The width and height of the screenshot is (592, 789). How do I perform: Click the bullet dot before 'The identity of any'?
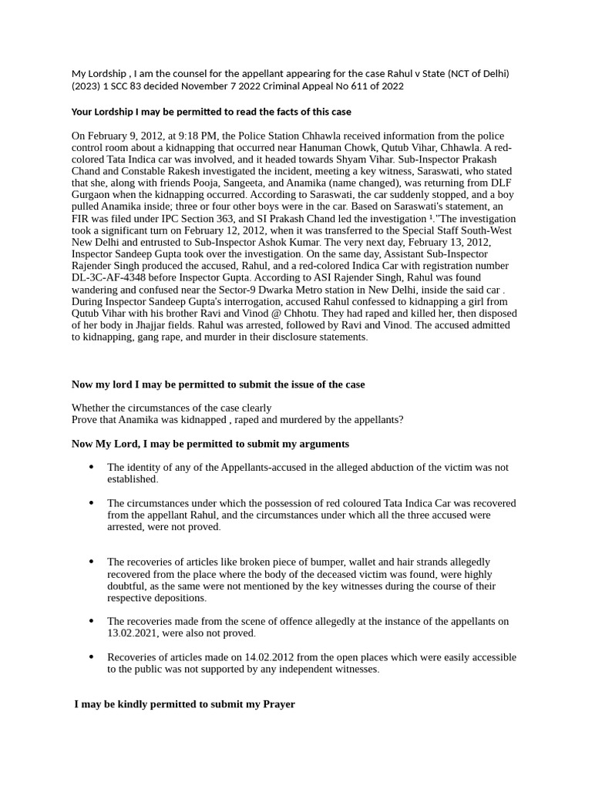point(92,467)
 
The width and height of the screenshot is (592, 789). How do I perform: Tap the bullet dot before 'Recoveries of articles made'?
point(92,657)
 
